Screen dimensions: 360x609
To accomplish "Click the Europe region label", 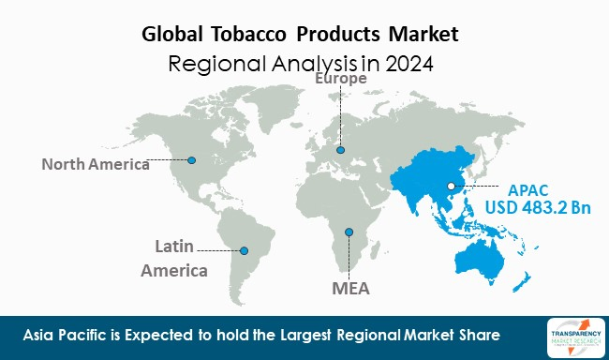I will [341, 81].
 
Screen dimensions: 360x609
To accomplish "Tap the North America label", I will [95, 165].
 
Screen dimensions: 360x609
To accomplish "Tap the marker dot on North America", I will [192, 159].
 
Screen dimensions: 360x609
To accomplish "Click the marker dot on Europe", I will [341, 150].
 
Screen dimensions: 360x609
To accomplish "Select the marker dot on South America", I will [245, 250].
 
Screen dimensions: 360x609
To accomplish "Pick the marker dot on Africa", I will [349, 232].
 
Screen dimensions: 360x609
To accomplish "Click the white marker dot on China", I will [452, 186].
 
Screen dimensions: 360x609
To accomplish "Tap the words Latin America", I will [173, 258].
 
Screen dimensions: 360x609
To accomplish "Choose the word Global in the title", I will [178, 36].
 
